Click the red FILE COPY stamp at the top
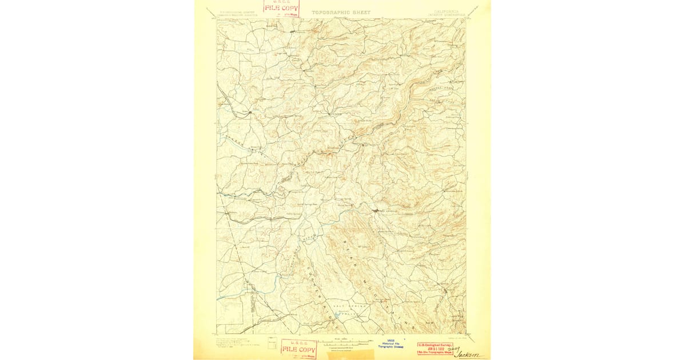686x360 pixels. (281, 7)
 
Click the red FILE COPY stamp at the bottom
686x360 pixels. (297, 349)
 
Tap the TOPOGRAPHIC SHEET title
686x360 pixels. (341, 12)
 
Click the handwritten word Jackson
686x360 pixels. (471, 355)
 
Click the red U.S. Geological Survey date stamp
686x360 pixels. (434, 348)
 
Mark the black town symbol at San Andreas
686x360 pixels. (375, 211)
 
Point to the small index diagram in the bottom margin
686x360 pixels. (269, 345)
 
